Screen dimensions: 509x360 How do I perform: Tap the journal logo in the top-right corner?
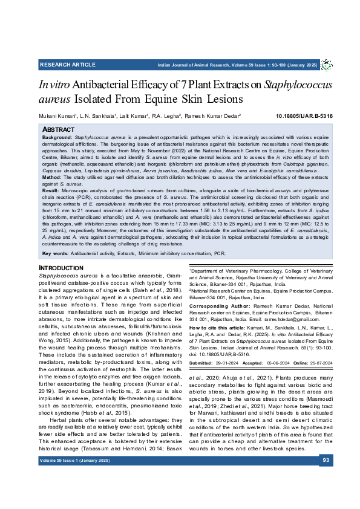click(x=327, y=65)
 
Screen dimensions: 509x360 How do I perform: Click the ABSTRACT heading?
click(x=58, y=129)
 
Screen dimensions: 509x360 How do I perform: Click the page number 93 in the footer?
click(x=326, y=477)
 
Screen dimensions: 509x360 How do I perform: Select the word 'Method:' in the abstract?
click(x=52, y=178)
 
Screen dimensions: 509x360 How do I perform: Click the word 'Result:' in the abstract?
click(x=51, y=190)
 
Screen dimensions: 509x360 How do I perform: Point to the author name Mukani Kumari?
click(x=57, y=115)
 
